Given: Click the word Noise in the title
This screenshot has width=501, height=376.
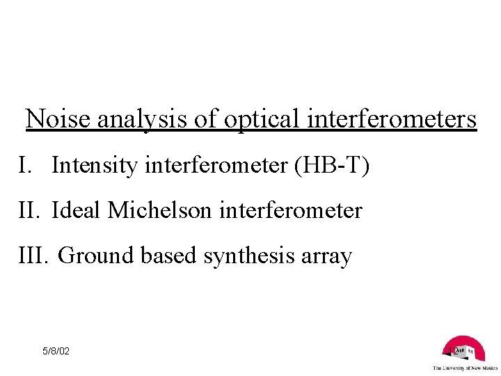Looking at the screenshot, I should [58, 120].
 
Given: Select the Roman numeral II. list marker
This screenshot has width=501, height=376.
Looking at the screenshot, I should [31, 211].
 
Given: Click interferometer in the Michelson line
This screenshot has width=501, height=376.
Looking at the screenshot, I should [291, 211].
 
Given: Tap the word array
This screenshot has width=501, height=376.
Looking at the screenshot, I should [326, 257].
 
